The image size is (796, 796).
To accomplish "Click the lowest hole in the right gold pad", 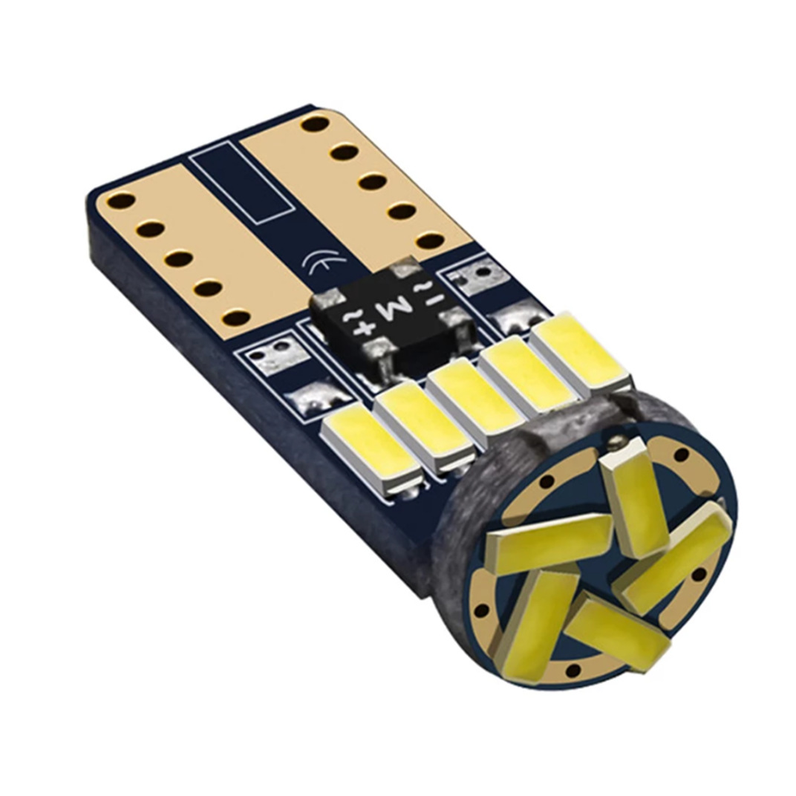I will pyautogui.click(x=430, y=240).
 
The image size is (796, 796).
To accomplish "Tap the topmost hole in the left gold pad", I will pyautogui.click(x=121, y=200).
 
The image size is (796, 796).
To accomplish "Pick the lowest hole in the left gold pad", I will pyautogui.click(x=236, y=318).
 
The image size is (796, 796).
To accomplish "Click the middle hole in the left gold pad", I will pyautogui.click(x=179, y=259).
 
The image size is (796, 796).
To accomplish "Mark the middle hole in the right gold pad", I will pyautogui.click(x=372, y=181).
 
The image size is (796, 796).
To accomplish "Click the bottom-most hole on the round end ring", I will pyautogui.click(x=572, y=671).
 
